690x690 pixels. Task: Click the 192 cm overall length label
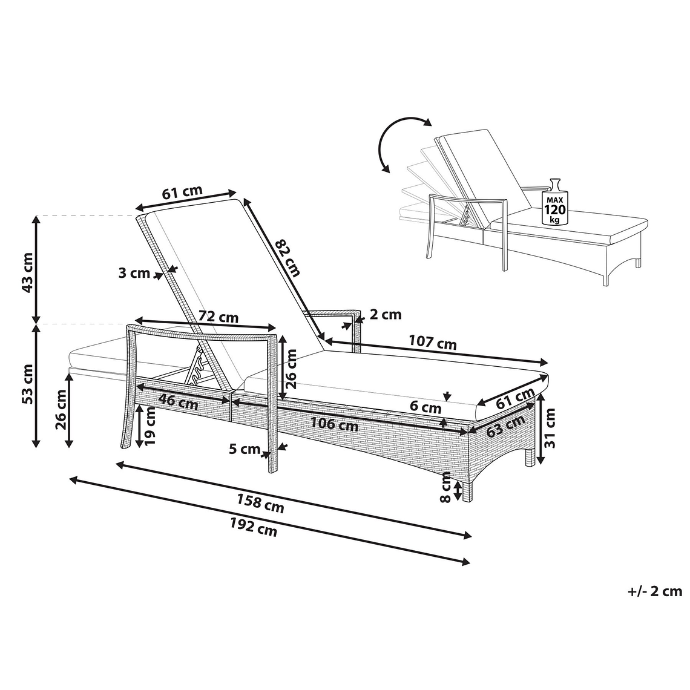254,527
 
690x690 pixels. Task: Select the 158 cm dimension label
260,504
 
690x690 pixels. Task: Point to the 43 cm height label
27,273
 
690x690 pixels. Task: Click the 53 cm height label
27,384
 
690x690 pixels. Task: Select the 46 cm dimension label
178,401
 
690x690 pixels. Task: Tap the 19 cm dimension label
150,425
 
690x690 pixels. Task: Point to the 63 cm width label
506,425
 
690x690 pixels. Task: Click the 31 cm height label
550,428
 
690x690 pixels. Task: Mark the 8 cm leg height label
445,487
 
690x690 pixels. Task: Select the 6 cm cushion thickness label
425,407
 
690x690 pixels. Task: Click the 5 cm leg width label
245,449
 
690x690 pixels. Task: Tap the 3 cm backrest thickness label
134,273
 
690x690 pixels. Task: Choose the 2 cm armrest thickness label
386,314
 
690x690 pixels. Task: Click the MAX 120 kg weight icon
555,202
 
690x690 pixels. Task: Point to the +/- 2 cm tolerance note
655,591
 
